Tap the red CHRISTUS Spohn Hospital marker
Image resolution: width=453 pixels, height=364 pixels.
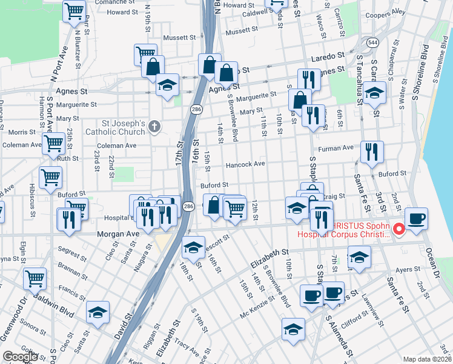point(399,229)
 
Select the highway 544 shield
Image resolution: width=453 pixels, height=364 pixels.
point(372,42)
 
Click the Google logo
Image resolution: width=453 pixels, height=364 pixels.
point(21,357)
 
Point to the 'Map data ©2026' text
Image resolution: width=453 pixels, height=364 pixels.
point(428,359)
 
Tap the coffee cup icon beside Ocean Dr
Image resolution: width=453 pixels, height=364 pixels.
point(417,218)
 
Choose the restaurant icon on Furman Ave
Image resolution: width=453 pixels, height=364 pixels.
point(371,152)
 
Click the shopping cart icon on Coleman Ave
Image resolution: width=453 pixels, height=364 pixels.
point(53,144)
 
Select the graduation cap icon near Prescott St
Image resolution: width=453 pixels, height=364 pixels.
point(193,248)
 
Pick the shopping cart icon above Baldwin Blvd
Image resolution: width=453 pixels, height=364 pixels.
point(35,278)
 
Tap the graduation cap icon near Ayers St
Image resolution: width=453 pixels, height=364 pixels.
point(359,257)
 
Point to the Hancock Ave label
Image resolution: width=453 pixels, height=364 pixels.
point(245,164)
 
